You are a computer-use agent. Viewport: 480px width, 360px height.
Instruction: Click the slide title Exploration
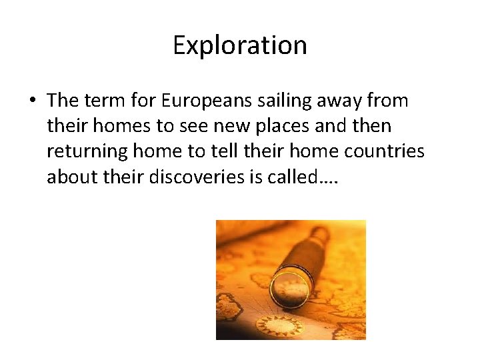(240, 45)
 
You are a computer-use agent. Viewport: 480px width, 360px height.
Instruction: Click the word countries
(384, 151)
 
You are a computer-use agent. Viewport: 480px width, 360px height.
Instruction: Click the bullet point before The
(32, 101)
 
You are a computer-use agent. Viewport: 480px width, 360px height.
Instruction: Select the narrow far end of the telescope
(321, 235)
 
